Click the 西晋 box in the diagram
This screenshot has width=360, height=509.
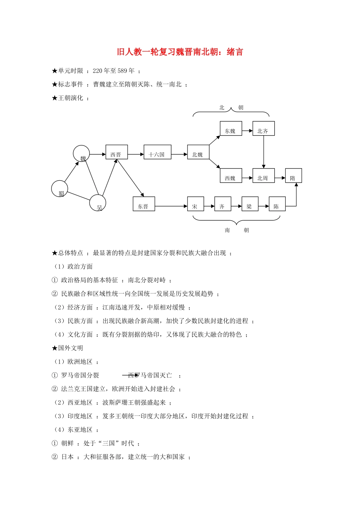116,152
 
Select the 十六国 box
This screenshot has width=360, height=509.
157,152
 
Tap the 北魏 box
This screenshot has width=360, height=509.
198,152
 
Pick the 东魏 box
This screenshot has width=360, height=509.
231,129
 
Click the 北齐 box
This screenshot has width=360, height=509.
263,129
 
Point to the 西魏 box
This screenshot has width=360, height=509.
231,176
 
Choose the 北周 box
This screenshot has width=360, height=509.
263,176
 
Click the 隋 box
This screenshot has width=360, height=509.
293,176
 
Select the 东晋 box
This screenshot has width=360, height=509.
144,204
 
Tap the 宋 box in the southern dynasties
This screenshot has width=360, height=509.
196,204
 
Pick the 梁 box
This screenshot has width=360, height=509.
250,204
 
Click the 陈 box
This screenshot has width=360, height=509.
277,204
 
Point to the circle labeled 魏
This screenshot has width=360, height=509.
81,154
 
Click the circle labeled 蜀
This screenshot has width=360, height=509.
59,189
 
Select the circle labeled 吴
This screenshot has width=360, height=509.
98,203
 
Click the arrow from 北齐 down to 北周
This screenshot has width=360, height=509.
264,151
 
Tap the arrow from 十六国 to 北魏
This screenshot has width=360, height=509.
179,155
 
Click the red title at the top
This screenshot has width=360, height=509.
180,52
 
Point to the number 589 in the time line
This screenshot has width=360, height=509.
122,71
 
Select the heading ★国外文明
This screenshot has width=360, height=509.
67,348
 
